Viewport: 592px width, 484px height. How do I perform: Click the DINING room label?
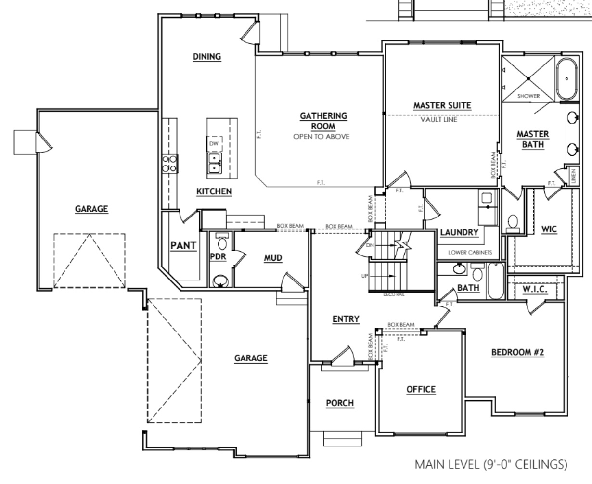coord(207,57)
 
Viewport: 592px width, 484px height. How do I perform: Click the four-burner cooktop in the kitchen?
coord(170,163)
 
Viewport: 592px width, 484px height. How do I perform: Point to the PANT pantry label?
coord(183,245)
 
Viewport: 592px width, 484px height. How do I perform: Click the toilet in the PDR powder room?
coord(222,241)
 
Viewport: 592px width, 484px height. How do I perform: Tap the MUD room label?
coord(273,258)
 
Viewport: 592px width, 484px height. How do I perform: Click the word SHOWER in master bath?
coord(528,96)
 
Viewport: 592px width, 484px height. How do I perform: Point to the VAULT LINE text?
coord(439,120)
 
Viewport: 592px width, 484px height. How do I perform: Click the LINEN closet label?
coord(573,176)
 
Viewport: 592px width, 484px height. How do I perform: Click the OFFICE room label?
coord(421,389)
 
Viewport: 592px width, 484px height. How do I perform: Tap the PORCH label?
coord(340,403)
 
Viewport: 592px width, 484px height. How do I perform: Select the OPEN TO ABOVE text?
coord(322,136)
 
